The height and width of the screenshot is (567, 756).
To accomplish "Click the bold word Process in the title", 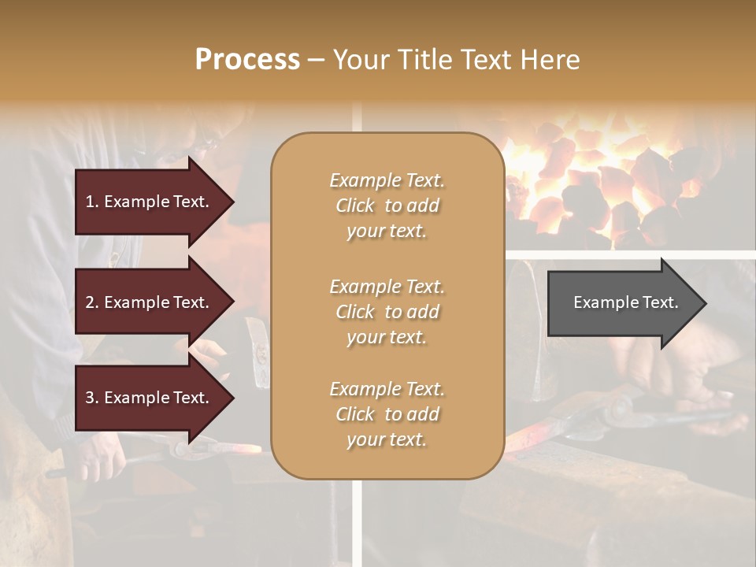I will coord(247,60).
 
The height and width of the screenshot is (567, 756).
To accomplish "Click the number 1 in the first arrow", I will coord(89,202).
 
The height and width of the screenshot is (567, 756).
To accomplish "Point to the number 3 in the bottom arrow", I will coord(90,398).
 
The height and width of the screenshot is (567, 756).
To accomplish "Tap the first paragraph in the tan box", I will coord(387,206).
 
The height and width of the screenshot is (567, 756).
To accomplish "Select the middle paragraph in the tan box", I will coord(387,312).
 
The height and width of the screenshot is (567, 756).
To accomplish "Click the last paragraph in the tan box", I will coord(387,414).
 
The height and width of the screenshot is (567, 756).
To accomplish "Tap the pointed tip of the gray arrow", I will coord(704,303).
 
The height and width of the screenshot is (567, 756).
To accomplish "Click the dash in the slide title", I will coord(316,60).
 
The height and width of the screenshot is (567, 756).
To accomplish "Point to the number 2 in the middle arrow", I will coord(90,302).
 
